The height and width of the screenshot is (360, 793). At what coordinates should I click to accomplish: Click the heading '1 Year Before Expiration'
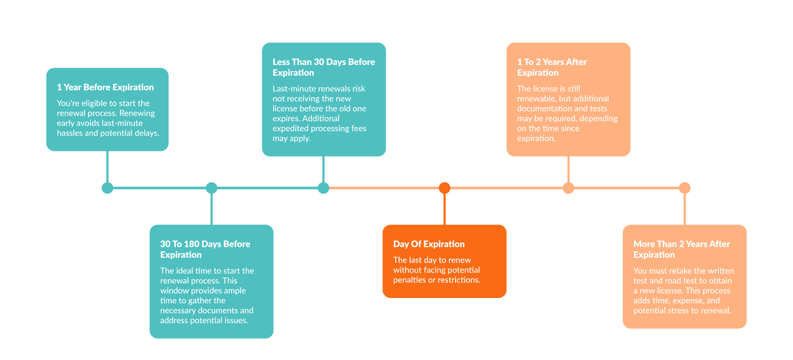click(105, 87)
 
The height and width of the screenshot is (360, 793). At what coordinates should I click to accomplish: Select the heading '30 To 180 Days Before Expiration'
click(205, 249)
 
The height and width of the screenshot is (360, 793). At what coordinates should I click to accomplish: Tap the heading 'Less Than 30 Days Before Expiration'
click(324, 67)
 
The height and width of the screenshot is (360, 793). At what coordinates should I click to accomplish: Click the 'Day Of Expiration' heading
click(429, 244)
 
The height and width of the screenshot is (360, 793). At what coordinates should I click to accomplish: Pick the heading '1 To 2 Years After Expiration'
click(552, 67)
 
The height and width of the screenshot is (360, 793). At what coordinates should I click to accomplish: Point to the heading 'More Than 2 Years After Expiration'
click(681, 249)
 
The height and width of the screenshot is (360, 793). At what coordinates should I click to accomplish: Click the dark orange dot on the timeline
click(444, 188)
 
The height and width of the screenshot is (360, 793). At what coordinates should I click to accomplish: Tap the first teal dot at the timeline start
click(107, 188)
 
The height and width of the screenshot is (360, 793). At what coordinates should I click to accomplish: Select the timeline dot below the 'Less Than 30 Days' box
click(324, 188)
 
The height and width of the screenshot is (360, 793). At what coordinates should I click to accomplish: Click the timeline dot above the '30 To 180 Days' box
click(212, 188)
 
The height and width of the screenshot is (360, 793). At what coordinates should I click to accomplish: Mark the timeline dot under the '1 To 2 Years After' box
click(569, 188)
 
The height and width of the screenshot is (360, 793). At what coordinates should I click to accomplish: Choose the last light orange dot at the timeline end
click(685, 188)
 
